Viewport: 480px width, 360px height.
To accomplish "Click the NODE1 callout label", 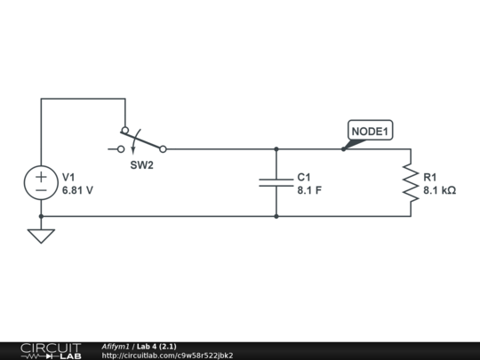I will [369, 132].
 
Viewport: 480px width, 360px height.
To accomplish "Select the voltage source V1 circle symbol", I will [41, 183].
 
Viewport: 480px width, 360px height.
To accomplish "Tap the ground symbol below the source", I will [41, 236].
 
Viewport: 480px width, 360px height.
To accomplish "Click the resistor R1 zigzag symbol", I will [410, 182].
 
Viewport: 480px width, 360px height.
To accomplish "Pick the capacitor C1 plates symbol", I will [276, 182].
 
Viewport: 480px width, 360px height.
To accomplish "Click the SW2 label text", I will [142, 165].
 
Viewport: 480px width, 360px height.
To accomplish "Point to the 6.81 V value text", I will [77, 190].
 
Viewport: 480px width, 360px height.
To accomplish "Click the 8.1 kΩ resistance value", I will [439, 190].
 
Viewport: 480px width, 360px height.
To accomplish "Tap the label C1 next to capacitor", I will [304, 177].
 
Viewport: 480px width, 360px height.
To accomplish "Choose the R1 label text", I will [430, 177].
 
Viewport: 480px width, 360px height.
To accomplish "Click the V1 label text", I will [69, 177].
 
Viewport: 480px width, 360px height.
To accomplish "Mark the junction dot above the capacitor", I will [276, 149].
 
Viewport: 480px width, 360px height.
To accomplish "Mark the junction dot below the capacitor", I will [276, 216].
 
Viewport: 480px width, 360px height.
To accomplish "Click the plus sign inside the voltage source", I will [41, 176].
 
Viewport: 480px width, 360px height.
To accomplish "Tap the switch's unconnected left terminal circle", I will [122, 149].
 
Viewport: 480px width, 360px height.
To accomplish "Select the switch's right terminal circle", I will [163, 149].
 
